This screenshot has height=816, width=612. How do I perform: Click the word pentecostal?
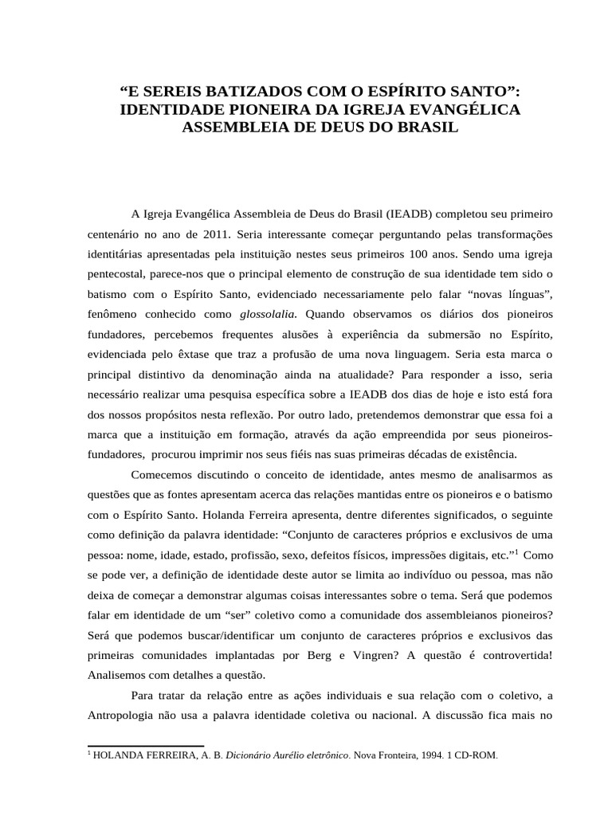pos(120,275)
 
